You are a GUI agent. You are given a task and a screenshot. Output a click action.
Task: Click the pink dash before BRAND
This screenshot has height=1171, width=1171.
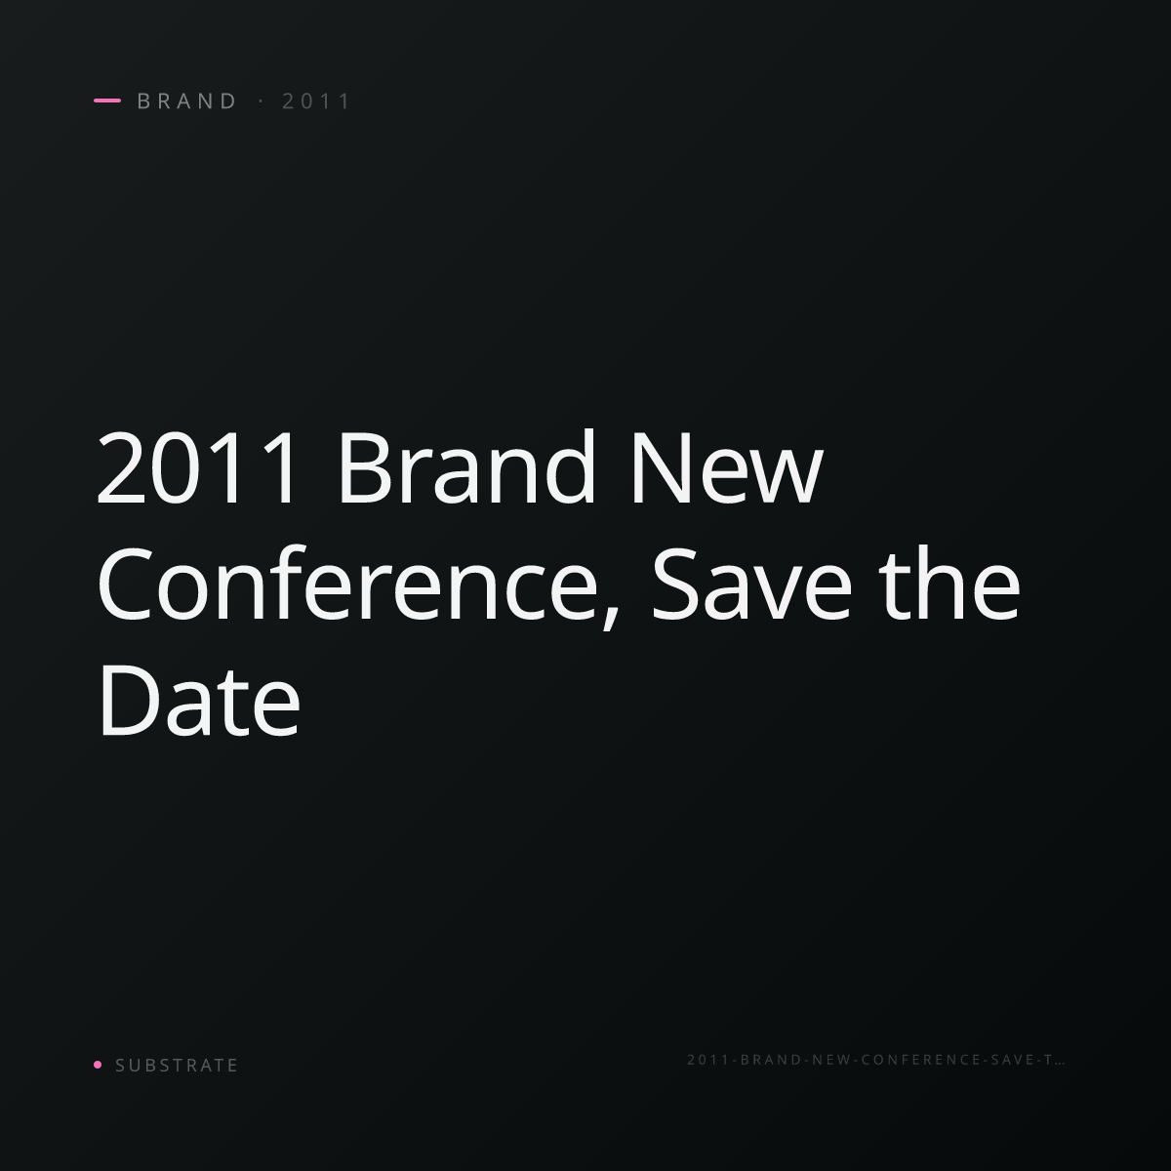click(107, 101)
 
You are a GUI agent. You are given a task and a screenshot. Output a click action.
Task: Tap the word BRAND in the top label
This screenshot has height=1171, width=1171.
click(187, 101)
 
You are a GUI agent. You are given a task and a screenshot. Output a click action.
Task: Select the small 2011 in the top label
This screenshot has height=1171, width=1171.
click(316, 101)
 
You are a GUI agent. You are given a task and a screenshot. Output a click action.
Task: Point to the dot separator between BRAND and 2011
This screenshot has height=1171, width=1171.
click(262, 101)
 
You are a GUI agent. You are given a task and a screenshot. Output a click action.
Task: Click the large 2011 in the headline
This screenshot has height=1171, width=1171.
click(198, 466)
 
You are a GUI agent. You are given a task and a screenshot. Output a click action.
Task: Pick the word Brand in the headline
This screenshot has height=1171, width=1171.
click(466, 466)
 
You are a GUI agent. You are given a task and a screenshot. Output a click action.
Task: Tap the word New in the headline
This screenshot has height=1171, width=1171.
click(727, 466)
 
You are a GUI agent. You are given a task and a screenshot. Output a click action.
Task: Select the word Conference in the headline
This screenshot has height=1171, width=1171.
click(348, 583)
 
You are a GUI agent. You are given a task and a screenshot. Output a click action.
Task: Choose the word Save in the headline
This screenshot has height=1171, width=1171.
click(751, 584)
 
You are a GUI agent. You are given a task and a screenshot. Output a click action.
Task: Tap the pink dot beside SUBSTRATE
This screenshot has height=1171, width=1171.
click(98, 1064)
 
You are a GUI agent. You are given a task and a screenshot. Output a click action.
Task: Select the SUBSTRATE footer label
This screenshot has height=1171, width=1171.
click(177, 1065)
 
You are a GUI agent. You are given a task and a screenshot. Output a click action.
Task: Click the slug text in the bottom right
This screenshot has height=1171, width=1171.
click(875, 1059)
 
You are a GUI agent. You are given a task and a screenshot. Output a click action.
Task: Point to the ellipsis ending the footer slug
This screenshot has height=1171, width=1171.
click(1060, 1064)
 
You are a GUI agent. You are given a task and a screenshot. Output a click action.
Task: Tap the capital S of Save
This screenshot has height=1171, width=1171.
click(675, 584)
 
